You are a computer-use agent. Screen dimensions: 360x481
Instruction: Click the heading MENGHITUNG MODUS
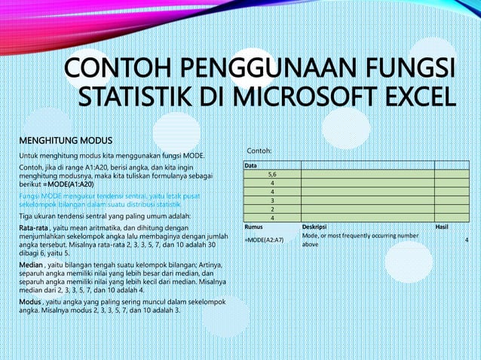66,141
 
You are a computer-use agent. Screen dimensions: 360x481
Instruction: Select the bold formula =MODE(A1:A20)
69,184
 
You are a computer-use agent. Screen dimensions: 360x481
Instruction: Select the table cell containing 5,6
271,173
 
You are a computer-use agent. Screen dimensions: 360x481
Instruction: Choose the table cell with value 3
271,200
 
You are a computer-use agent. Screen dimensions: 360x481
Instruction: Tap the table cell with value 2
271,209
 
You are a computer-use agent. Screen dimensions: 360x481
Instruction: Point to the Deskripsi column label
314,227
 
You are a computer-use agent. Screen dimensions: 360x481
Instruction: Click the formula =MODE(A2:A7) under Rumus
264,240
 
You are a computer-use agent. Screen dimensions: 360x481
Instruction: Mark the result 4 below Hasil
467,240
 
